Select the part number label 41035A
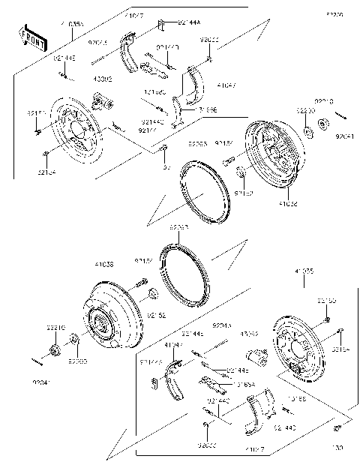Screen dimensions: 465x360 72,25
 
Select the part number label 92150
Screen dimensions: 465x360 327,301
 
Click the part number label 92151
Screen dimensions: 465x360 35,113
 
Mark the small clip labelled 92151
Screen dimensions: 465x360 37,132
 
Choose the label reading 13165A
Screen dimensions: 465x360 244,383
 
